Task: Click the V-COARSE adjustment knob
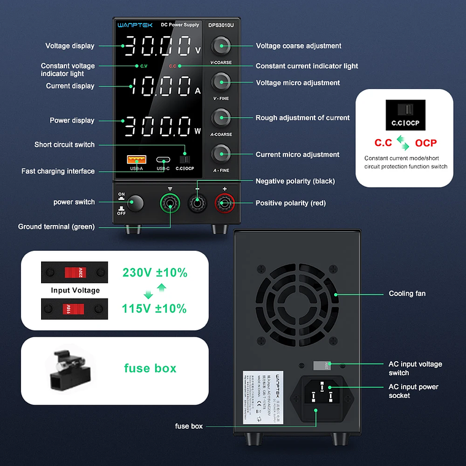pyautogui.click(x=221, y=45)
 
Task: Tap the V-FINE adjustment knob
pyautogui.click(x=221, y=82)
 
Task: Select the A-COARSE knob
pyautogui.click(x=221, y=117)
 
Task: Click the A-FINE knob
pyautogui.click(x=221, y=153)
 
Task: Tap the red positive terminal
pyautogui.click(x=224, y=203)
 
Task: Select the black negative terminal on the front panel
pyautogui.click(x=197, y=203)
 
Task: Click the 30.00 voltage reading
pyautogui.click(x=158, y=47)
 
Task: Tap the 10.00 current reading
pyautogui.click(x=158, y=87)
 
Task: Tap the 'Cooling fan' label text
pyautogui.click(x=407, y=294)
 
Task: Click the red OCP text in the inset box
pyautogui.click(x=426, y=143)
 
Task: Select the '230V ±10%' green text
pyautogui.click(x=155, y=272)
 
